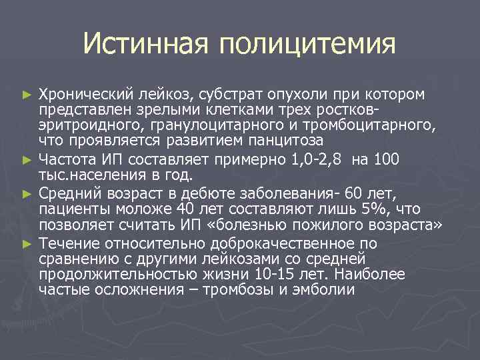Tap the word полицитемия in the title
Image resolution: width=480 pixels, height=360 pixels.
pos(306,45)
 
